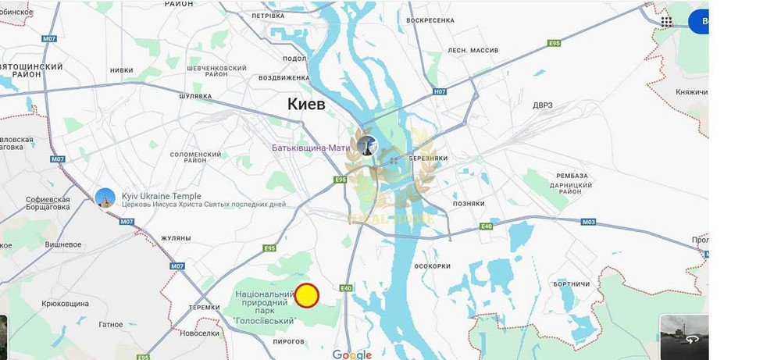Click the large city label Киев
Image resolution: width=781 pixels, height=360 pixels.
(x=305, y=104)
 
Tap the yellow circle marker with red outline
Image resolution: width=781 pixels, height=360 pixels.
(x=306, y=295)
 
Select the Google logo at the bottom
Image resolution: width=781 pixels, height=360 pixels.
(x=351, y=355)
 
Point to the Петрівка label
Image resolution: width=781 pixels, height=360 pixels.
(x=269, y=15)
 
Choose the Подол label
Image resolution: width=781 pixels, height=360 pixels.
(x=294, y=58)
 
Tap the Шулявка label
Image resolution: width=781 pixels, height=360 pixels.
(x=195, y=96)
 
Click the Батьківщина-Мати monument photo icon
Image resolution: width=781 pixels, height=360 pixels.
(x=367, y=145)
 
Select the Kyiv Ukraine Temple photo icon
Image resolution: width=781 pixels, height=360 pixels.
(x=105, y=198)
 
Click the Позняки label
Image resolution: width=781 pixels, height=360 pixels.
(x=469, y=203)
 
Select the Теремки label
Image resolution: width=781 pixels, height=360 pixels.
(x=205, y=308)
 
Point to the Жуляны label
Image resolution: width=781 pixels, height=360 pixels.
(x=176, y=237)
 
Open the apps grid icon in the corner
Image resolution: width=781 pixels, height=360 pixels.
(x=666, y=21)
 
